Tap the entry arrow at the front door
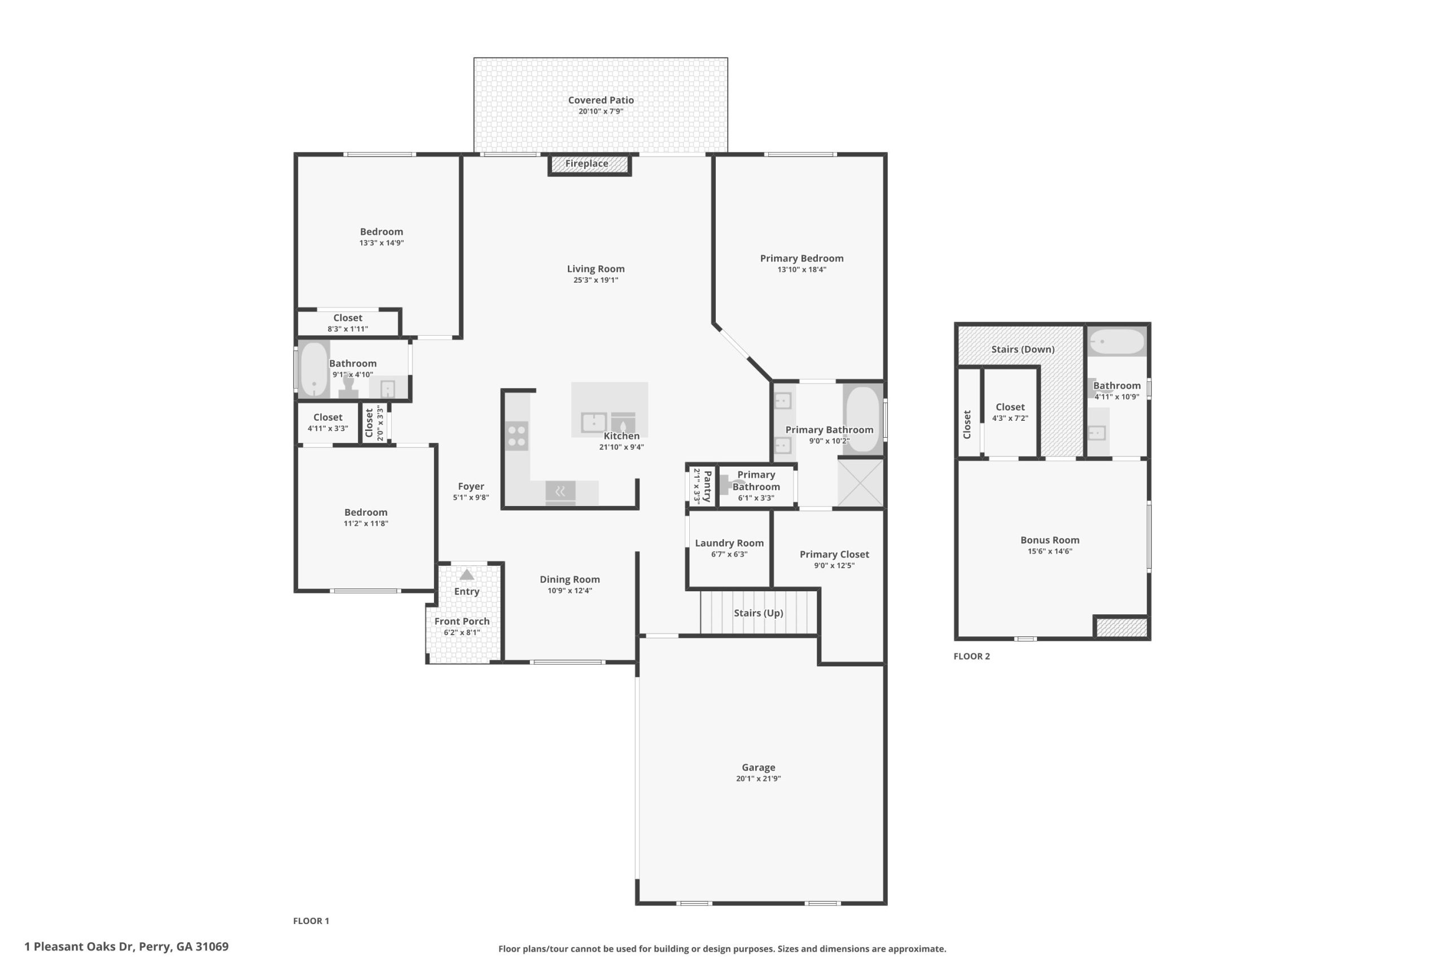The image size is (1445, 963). (x=467, y=575)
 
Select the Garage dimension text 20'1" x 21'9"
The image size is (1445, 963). (x=758, y=779)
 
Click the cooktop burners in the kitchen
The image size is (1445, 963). (x=516, y=436)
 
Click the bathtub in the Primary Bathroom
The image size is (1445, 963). (x=862, y=419)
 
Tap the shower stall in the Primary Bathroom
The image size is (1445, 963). (x=860, y=483)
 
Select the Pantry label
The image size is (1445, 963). (x=707, y=486)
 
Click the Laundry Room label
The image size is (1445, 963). (x=729, y=543)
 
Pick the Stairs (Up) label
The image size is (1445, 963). (x=758, y=613)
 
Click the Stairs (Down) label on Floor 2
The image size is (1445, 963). (x=1023, y=349)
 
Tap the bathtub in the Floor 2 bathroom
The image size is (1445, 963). (x=1117, y=341)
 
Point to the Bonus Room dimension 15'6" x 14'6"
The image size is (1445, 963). (x=1050, y=552)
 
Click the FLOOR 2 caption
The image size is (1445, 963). (x=972, y=656)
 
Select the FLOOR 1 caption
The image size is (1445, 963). (x=311, y=921)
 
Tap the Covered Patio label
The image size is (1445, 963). (x=601, y=100)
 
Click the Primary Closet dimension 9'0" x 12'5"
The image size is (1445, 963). (x=834, y=566)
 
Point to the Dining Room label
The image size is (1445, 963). (x=570, y=579)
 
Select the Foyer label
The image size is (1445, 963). (x=471, y=486)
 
